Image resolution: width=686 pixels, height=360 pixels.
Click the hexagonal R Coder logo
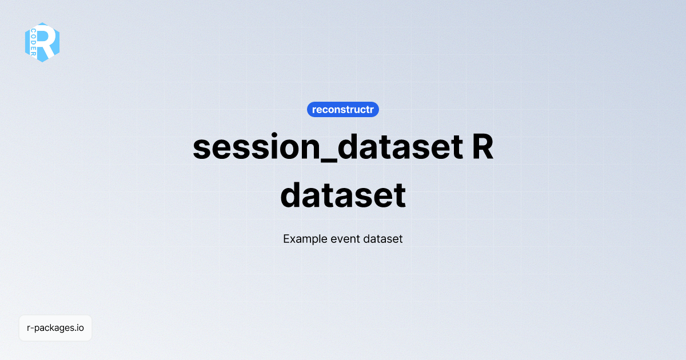pyautogui.click(x=42, y=42)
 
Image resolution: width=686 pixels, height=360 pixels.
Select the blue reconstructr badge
pyautogui.click(x=343, y=109)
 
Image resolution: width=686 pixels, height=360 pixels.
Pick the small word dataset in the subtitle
pyautogui.click(x=382, y=239)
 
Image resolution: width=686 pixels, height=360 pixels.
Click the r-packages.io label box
pyautogui.click(x=55, y=328)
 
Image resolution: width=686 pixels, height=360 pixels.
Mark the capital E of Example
pyautogui.click(x=286, y=239)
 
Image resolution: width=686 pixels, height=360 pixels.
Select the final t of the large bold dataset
pyautogui.click(x=400, y=195)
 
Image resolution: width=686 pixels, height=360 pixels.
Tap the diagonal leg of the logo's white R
pyautogui.click(x=52, y=51)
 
